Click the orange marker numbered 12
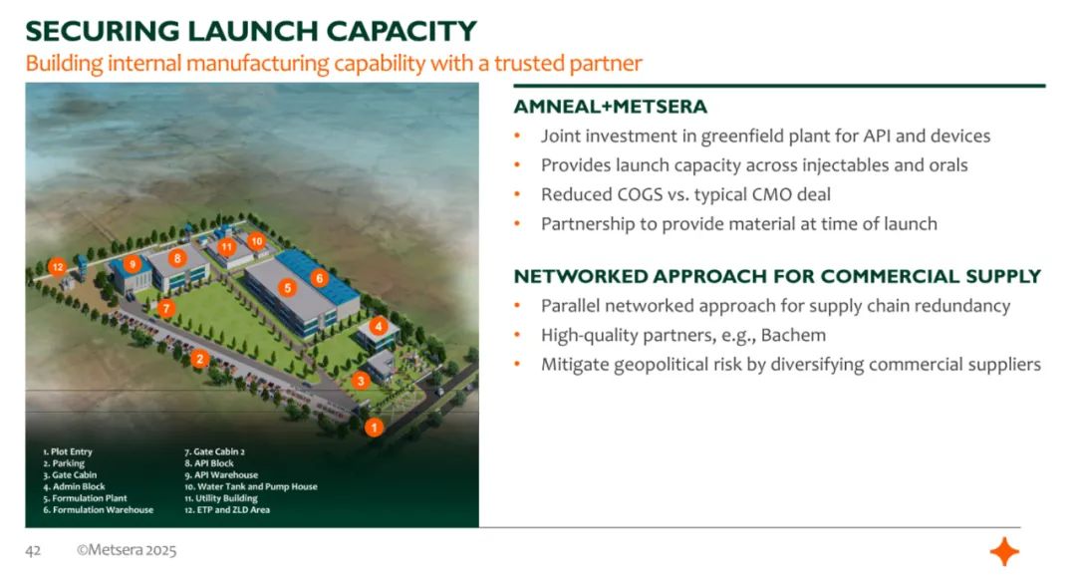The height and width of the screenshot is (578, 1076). (57, 267)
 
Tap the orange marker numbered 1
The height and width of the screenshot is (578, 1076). (374, 428)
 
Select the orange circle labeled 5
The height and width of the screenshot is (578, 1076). (288, 288)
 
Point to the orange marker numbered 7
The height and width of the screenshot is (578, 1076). (165, 308)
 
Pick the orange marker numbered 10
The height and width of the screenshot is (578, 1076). (256, 241)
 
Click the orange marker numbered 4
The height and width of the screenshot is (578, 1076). (379, 327)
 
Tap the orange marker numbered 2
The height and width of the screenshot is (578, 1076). (199, 359)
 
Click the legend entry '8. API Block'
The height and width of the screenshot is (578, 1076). (209, 463)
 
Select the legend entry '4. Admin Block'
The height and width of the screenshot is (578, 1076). (74, 486)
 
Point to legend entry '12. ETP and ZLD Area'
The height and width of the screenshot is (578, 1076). (227, 510)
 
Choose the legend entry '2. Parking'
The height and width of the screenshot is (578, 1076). (64, 463)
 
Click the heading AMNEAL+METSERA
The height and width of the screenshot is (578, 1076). (610, 107)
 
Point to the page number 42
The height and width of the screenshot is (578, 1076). (33, 550)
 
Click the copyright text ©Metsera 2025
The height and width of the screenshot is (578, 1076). (127, 550)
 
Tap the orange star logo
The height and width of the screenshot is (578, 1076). (1004, 552)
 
